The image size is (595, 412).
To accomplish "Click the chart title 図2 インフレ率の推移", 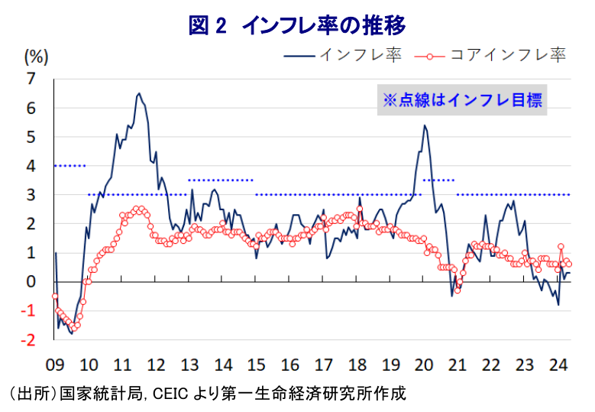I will (x=297, y=25).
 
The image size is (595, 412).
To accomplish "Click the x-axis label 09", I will (x=55, y=364).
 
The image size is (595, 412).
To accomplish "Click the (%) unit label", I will (x=36, y=55).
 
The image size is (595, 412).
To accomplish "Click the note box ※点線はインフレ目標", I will (x=463, y=100).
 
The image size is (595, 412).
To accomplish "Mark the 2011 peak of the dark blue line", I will (x=138, y=94).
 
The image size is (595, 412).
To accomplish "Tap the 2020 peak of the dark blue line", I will (x=425, y=125).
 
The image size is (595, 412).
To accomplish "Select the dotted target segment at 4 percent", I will (x=70, y=166).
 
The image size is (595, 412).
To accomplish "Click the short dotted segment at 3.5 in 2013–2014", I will (x=220, y=180).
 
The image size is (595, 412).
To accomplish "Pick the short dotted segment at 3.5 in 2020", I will (x=439, y=180).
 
